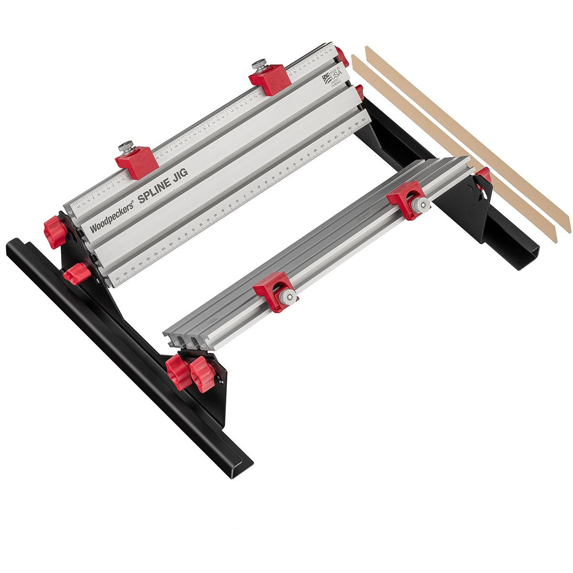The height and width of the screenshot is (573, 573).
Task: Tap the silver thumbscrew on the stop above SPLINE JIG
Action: pos(127,146)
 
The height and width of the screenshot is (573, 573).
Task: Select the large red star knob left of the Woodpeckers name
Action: pos(55,231)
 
